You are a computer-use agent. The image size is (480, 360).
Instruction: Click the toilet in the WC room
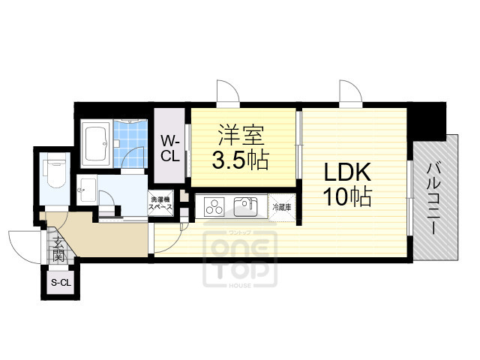pyautogui.click(x=56, y=171)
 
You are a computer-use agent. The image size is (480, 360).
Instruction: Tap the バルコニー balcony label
pyautogui.click(x=433, y=199)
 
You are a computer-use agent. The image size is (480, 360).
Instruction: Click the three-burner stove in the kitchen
pyautogui.click(x=215, y=205)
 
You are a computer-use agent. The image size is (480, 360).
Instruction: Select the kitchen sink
pyautogui.click(x=245, y=205)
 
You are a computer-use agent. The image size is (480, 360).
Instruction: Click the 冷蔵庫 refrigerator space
pyautogui.click(x=281, y=205)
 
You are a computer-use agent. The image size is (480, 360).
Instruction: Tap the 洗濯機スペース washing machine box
pyautogui.click(x=161, y=204)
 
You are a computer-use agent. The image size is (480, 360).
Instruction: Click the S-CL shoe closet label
pyautogui.click(x=58, y=282)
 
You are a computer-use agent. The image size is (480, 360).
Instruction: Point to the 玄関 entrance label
pyautogui.click(x=58, y=247)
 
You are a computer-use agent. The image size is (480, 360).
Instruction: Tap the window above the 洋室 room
pyautogui.click(x=226, y=94)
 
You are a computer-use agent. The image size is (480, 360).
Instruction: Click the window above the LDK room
pyautogui.click(x=350, y=94)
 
